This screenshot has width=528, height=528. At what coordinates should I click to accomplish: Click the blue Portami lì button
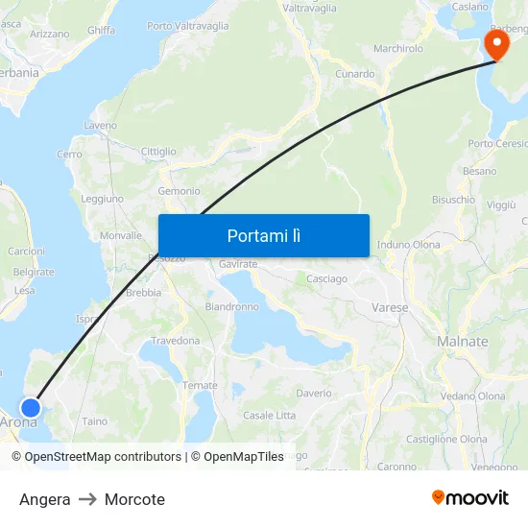[263, 235]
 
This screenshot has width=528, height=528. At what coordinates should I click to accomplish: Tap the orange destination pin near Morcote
[496, 44]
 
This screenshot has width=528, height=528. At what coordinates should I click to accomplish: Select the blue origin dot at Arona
[30, 408]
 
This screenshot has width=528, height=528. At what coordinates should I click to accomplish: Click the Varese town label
[390, 308]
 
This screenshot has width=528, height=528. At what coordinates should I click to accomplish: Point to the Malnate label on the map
[462, 342]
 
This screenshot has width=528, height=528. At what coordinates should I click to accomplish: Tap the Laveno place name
[101, 126]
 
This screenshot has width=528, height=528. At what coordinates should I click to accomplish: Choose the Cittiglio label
[158, 152]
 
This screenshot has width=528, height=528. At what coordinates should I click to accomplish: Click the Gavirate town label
[239, 264]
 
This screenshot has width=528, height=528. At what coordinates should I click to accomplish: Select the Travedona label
[176, 341]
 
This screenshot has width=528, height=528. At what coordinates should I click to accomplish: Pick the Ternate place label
[201, 386]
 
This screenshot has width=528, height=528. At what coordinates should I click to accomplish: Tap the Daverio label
[314, 394]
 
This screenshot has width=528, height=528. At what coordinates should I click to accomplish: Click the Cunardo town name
[355, 74]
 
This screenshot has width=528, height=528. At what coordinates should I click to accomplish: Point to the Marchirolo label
[398, 48]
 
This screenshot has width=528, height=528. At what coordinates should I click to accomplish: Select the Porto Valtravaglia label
[188, 26]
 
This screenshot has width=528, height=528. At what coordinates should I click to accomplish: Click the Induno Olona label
[409, 245]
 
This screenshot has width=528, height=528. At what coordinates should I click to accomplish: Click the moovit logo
[470, 498]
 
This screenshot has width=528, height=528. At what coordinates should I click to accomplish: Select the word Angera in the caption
[45, 499]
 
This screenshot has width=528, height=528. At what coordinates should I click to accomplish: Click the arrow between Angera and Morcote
[87, 499]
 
